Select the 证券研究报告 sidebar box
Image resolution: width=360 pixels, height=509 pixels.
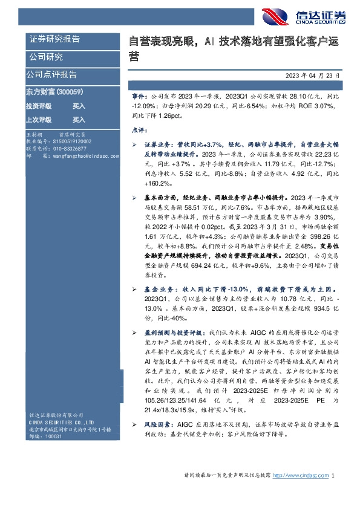coord(54,39)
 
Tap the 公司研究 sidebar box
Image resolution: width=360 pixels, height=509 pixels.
coord(46,57)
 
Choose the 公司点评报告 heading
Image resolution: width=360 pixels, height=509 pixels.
coord(51,74)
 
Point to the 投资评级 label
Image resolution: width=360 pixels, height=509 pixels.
coord(39,106)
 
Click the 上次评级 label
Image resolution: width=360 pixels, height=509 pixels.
coord(39,120)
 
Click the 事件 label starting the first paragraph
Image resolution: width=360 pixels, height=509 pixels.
coord(139,96)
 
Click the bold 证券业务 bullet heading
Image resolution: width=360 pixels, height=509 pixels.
coord(157,146)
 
